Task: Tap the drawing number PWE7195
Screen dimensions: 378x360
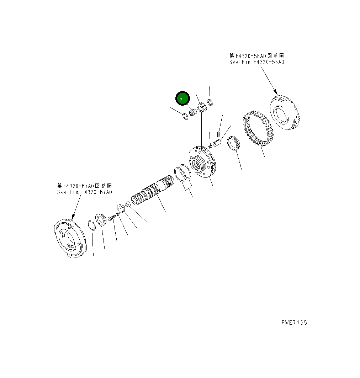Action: coord(294,323)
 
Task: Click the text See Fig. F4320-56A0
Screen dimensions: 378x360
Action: coord(256,62)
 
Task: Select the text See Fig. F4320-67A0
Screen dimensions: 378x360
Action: coord(85,192)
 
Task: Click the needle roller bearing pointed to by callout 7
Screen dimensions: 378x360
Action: coord(193,112)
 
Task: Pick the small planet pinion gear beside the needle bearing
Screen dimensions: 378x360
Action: coord(202,107)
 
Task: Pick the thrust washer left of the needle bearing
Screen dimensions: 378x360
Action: coord(185,116)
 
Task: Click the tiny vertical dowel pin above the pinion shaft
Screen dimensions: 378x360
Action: coord(218,134)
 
